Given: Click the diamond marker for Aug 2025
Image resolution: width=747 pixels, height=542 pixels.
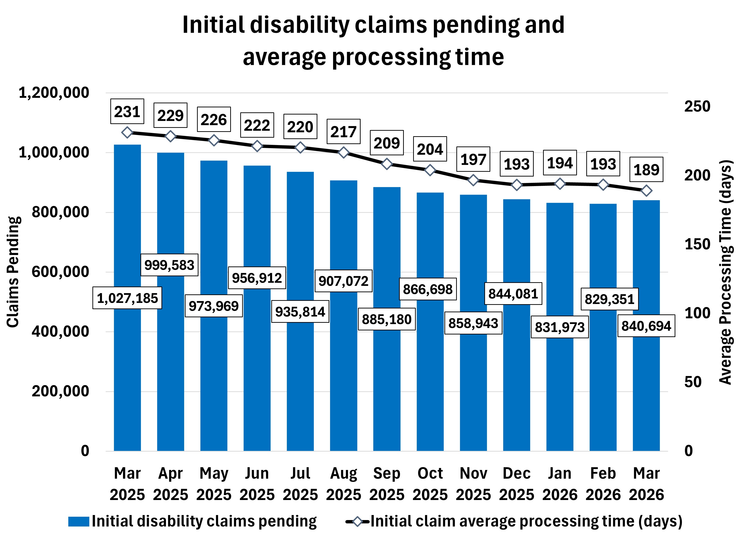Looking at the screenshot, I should [343, 153].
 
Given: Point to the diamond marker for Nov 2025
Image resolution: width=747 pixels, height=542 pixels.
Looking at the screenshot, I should [473, 180].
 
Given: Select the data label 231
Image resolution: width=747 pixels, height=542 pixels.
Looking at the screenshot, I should [127, 112].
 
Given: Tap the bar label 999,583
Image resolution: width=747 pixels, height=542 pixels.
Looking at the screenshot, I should [169, 265].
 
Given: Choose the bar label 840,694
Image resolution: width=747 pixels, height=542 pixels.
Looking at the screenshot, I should [646, 326].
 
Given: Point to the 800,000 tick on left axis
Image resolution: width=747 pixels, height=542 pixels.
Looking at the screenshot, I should [60, 212].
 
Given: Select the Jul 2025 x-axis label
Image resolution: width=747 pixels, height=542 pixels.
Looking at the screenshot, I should [300, 484].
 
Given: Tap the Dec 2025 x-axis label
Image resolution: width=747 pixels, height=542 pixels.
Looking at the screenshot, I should [517, 484].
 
